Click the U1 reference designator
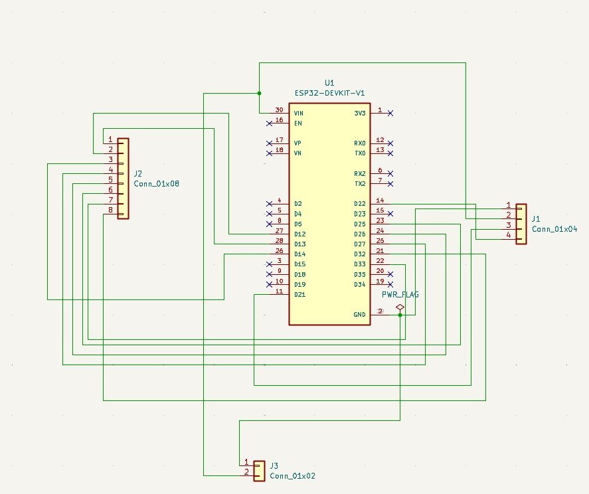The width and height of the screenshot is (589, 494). tap(329, 82)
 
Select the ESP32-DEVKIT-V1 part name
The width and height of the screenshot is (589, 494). tap(329, 93)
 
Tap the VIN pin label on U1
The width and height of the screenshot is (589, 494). tap(299, 113)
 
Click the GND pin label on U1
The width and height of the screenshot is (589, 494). tap(359, 315)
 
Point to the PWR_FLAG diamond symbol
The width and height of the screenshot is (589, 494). tap(400, 307)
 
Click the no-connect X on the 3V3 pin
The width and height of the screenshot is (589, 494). tap(390, 113)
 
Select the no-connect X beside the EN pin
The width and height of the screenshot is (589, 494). tap(269, 123)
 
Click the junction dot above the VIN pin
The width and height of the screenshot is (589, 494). tap(259, 93)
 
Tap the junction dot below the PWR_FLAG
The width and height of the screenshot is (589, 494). tap(400, 315)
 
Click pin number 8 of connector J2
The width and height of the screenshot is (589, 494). tap(110, 210)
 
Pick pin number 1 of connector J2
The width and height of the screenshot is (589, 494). tap(110, 139)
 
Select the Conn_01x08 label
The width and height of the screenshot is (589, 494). tap(156, 184)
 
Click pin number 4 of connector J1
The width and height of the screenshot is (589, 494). tap(508, 235)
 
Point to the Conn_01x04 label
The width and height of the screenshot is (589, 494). tap(554, 229)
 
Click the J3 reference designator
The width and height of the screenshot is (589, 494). tap(274, 466)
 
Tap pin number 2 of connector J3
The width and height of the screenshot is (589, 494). tap(246, 472)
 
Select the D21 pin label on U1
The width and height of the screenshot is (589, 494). tap(299, 295)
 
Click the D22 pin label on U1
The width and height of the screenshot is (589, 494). tap(359, 204)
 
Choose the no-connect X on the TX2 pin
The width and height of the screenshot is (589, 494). tap(390, 184)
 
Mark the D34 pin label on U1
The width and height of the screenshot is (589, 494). tap(359, 284)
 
